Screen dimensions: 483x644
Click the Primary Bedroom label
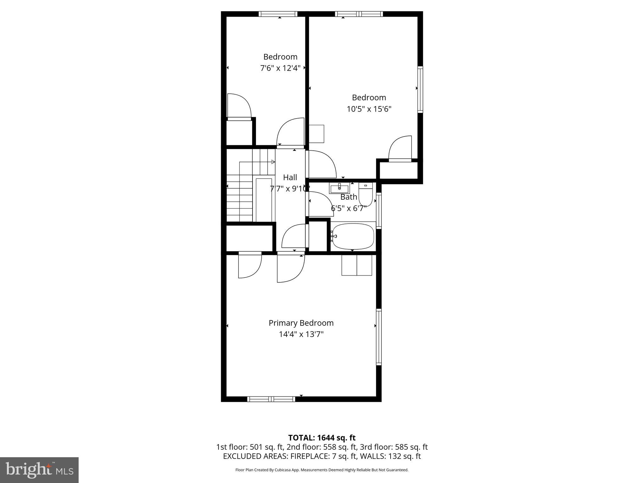tap(301, 323)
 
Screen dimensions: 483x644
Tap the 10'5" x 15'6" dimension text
tap(369, 109)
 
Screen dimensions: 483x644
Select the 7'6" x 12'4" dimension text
tap(280, 68)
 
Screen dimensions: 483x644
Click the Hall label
tap(290, 177)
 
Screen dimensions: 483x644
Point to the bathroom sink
tap(339, 189)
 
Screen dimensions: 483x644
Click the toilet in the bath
tap(366, 195)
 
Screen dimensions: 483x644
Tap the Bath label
tap(349, 197)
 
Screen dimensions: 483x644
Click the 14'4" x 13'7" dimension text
tap(301, 334)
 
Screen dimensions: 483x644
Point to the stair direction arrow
tap(273, 162)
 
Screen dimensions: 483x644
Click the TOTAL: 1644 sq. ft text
tap(322, 438)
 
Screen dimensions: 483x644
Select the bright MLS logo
tap(39, 470)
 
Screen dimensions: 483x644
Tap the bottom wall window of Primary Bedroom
tap(271, 399)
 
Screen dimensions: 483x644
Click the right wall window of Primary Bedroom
tap(379, 337)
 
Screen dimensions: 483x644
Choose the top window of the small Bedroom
tap(278, 14)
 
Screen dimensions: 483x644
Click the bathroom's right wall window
tap(379, 210)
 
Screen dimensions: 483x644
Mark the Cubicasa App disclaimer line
tap(322, 470)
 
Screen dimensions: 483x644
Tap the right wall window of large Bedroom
tap(420, 89)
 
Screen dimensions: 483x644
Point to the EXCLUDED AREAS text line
tap(322, 456)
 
